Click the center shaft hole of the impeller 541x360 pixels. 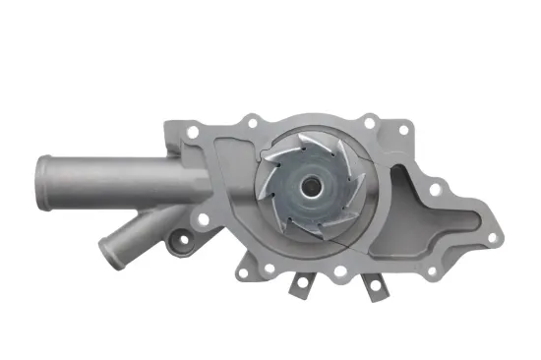pyautogui.click(x=311, y=185)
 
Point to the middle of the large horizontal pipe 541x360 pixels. pyautogui.click(x=118, y=175)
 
